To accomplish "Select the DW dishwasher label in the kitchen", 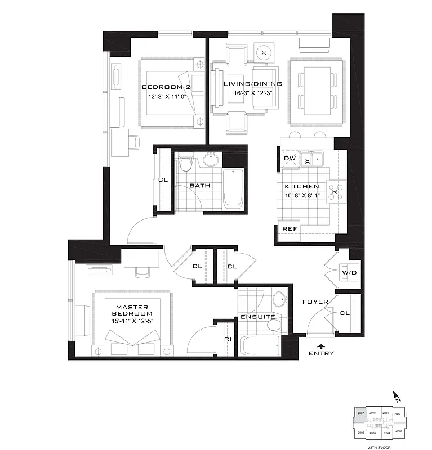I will [x=290, y=159].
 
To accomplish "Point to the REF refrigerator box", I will [x=290, y=229].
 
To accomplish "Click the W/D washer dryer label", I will [x=349, y=273].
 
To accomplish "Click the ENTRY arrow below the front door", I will [x=321, y=346].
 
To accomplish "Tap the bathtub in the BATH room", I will [x=233, y=188].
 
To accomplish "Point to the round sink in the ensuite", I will [x=278, y=299].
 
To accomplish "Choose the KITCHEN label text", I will [x=301, y=187].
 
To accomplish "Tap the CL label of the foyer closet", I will [x=344, y=313].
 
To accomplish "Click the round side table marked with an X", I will [x=264, y=53].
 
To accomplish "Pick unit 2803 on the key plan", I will [x=398, y=430].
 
